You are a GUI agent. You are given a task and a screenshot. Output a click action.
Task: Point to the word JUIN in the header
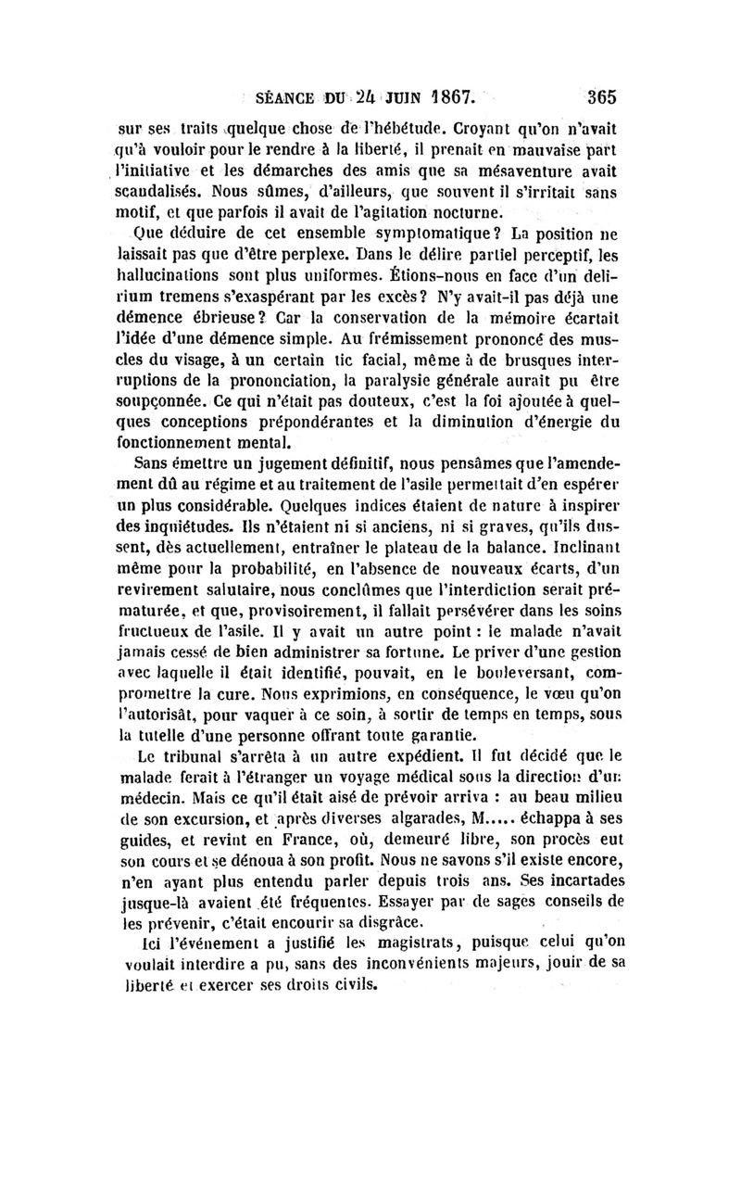point(393,95)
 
